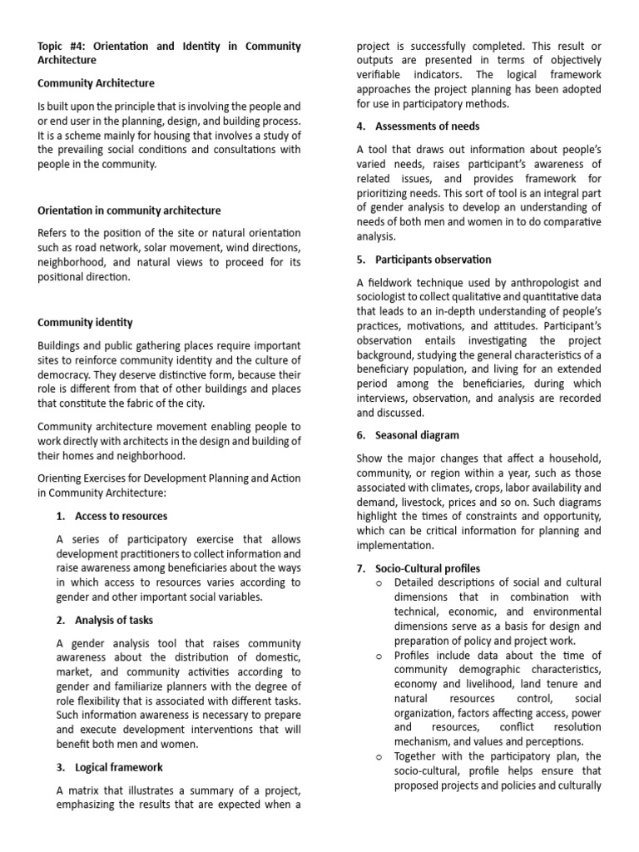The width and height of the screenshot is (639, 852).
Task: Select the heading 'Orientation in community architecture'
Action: (129, 211)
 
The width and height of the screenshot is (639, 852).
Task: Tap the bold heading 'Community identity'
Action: (85, 322)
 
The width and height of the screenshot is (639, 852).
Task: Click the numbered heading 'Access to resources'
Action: (121, 516)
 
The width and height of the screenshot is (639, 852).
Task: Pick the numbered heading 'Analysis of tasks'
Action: (114, 620)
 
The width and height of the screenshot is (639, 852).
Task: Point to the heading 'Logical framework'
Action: (119, 767)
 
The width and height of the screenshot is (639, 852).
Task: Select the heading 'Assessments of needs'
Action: (427, 126)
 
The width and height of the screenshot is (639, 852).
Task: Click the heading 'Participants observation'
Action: (433, 260)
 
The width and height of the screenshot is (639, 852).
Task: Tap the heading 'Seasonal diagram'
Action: (417, 435)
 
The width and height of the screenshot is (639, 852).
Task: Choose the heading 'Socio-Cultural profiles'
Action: (428, 568)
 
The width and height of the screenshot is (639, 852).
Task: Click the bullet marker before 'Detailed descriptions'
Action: (379, 582)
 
